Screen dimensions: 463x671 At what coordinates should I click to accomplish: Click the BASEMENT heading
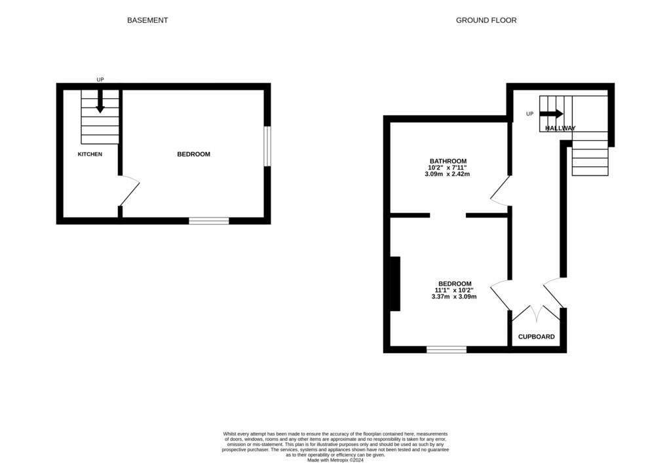pyautogui.click(x=147, y=20)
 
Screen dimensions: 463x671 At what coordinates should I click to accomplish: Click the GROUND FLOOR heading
pyautogui.click(x=486, y=20)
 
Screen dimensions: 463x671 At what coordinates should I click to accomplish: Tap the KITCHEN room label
pyautogui.click(x=90, y=155)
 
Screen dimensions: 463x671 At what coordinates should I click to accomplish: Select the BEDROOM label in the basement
pyautogui.click(x=193, y=155)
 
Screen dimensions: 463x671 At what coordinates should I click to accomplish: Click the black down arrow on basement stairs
pyautogui.click(x=100, y=102)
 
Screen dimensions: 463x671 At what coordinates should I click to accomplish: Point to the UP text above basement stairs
pyautogui.click(x=100, y=80)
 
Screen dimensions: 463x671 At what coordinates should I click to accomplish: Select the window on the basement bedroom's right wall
pyautogui.click(x=267, y=146)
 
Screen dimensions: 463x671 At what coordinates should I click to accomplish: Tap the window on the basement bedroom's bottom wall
pyautogui.click(x=209, y=221)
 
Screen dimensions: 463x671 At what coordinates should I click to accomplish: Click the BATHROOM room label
pyautogui.click(x=448, y=161)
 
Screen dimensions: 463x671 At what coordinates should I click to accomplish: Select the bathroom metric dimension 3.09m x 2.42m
pyautogui.click(x=448, y=175)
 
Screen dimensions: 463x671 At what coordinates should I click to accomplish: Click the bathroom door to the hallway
pyautogui.click(x=500, y=189)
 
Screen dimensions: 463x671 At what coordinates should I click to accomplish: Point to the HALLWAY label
pyautogui.click(x=560, y=128)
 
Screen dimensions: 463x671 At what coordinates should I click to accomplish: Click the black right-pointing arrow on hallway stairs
pyautogui.click(x=551, y=113)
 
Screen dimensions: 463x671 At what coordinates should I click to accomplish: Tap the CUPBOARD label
pyautogui.click(x=537, y=337)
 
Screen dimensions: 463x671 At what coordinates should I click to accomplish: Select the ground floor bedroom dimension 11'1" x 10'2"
pyautogui.click(x=453, y=290)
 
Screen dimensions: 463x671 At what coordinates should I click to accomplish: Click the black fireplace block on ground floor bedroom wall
pyautogui.click(x=395, y=284)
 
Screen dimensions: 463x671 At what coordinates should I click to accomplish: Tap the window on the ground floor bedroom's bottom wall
pyautogui.click(x=446, y=350)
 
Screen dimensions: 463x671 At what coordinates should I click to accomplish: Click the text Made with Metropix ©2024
pyautogui.click(x=335, y=460)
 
